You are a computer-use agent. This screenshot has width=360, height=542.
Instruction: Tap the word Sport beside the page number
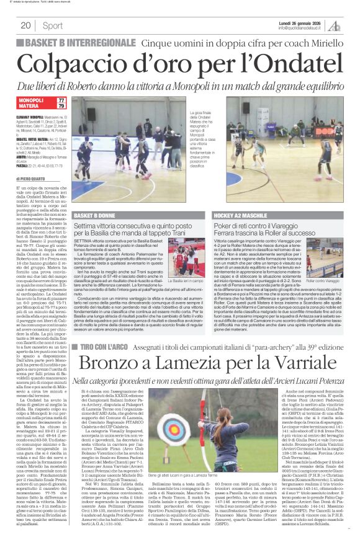coord(53,25)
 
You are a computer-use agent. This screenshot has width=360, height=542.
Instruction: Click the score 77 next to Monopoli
coord(61,100)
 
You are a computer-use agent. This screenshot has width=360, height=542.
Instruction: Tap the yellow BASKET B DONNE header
coord(97,215)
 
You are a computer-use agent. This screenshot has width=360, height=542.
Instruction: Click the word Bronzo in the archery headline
coord(107,347)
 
